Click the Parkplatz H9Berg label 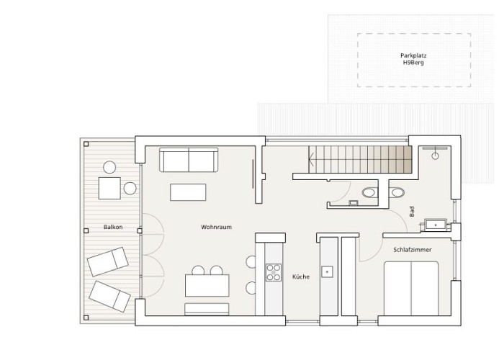pos(413,59)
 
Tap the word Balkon pos(113,228)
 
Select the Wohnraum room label pos(216,228)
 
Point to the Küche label pos(301,276)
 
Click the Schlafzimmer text pos(413,250)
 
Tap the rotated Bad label pos(412,212)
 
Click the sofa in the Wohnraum pos(188,160)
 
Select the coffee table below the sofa pos(188,192)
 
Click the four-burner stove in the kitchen pos(274,272)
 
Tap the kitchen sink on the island pos(328,271)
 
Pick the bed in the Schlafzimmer pos(411,288)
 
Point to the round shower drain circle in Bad pos(436,156)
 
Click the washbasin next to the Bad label pos(436,225)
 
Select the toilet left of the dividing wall pos(370,192)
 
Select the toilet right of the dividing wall pos(396,192)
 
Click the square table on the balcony pos(110,188)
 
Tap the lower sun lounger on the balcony pos(110,294)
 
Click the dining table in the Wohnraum pos(207,285)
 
